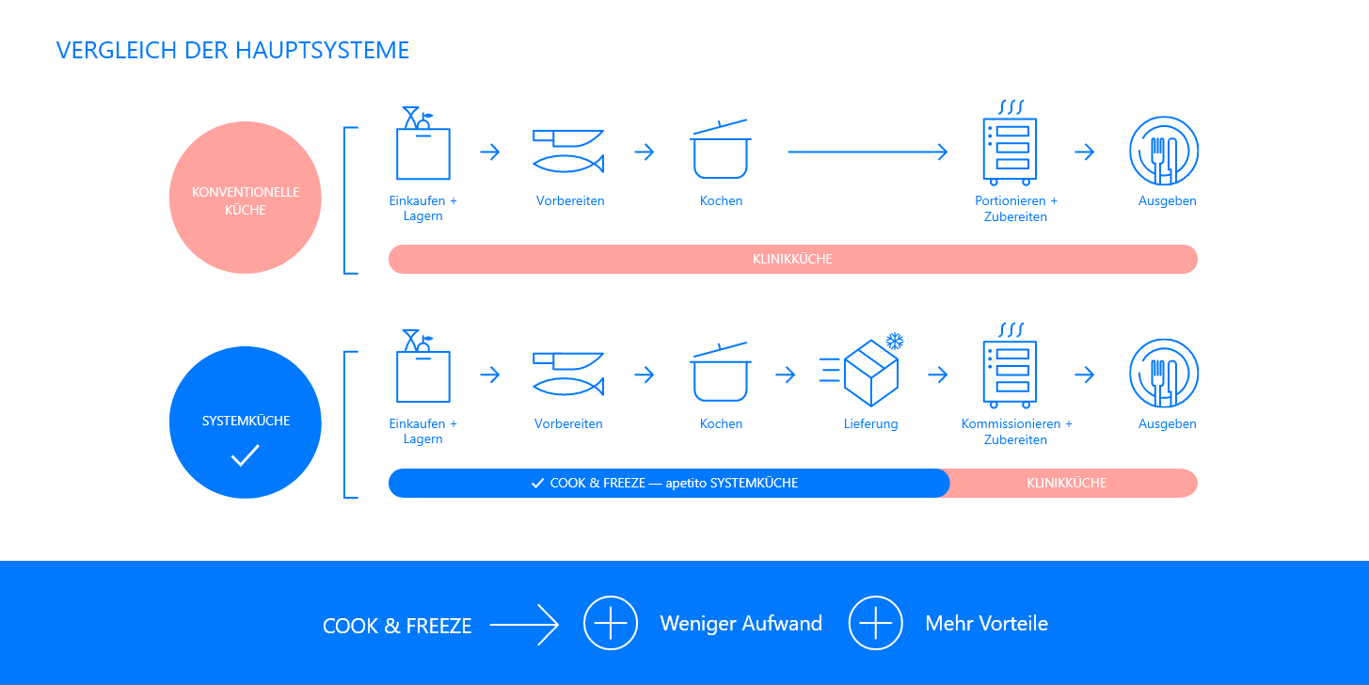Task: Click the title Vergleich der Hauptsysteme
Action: point(232,50)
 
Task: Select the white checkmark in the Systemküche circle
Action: point(245,456)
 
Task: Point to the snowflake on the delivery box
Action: point(894,341)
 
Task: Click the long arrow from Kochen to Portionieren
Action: point(867,152)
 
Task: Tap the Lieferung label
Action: point(870,424)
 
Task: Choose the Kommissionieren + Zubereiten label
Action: point(1016,432)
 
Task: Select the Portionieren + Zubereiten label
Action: point(1015,209)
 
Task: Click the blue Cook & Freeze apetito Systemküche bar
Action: point(668,483)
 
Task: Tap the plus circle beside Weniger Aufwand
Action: point(611,623)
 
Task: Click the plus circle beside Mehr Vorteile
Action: point(876,623)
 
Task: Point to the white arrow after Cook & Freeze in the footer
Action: point(524,624)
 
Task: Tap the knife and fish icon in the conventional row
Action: point(568,151)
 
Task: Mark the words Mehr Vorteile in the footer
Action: point(986,624)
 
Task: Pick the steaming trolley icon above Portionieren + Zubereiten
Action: point(1010,143)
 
